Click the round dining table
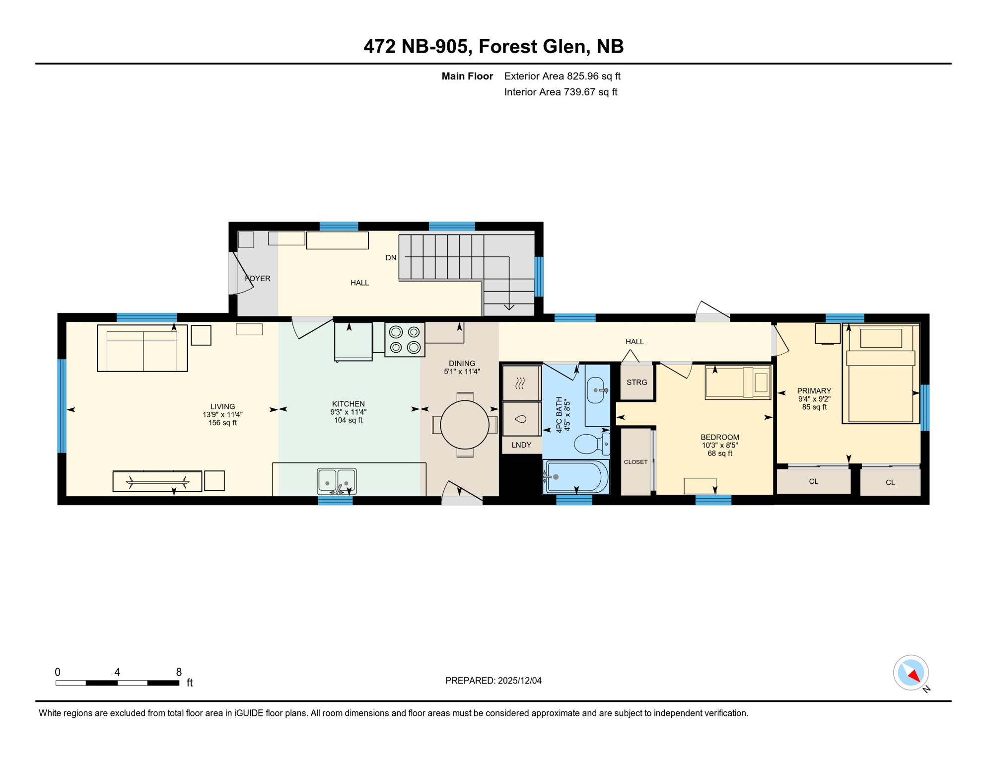464,425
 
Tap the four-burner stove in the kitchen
405,340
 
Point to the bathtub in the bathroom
577,477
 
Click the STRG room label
636,382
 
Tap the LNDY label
521,445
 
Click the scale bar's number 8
179,672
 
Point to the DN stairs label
391,258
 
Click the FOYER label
258,279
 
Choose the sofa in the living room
142,348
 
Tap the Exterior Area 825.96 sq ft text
562,76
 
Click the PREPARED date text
493,681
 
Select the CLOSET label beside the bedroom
635,462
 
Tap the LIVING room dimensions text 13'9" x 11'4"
222,414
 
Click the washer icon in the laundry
521,419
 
